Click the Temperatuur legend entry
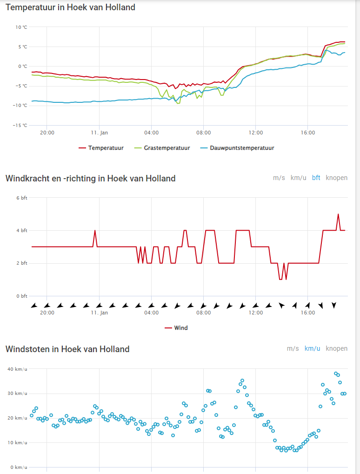101,148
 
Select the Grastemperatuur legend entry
162,148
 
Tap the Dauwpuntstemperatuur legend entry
237,148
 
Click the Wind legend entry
176,328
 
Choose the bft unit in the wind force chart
316,178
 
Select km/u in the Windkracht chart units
298,178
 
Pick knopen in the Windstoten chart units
336,348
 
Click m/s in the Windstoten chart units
293,348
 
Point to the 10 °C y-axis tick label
21,27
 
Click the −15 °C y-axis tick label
20,126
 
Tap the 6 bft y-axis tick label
22,198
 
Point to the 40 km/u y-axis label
17,369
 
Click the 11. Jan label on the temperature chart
100,133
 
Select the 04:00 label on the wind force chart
152,313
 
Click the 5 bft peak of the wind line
338,214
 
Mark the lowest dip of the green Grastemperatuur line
178,103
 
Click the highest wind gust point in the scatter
336,374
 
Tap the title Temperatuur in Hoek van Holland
70,7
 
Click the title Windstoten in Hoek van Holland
67,349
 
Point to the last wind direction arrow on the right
333,305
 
